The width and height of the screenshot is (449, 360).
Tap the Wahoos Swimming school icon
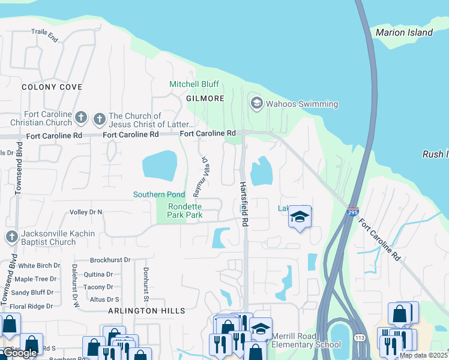pos(257,104)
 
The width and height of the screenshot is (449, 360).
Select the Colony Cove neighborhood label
pos(52,87)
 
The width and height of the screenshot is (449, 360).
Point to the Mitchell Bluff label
pos(194,84)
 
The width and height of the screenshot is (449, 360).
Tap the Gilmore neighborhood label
pos(205,98)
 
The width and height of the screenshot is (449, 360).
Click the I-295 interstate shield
pos(353,212)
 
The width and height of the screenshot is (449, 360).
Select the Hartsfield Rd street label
pos(244,204)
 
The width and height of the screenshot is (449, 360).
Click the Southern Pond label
pos(159,195)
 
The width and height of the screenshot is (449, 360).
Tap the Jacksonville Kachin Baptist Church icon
pos(11,237)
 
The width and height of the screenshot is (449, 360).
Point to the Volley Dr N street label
pos(86,212)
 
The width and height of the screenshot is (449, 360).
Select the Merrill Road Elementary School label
pos(306,340)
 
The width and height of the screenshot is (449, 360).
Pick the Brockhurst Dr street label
pos(110,260)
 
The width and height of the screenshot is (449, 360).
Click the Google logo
pos(19,353)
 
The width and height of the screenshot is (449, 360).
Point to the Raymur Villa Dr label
pos(200,178)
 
